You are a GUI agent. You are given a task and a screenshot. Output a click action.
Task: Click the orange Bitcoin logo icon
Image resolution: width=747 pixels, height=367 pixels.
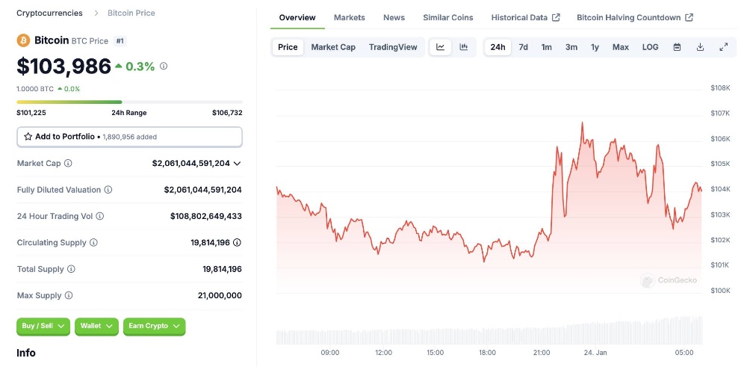pyautogui.click(x=24, y=40)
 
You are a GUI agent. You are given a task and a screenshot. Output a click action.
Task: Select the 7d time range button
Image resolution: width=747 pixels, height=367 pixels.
pyautogui.click(x=524, y=47)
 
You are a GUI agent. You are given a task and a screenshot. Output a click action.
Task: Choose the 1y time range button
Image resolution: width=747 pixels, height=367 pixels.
pyautogui.click(x=595, y=47)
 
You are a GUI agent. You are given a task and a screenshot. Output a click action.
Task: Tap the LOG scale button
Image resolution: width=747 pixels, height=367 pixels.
pyautogui.click(x=650, y=47)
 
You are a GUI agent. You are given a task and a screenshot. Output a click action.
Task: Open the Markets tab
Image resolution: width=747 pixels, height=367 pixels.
pyautogui.click(x=350, y=17)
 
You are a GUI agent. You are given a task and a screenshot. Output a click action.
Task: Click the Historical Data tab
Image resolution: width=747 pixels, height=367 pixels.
pyautogui.click(x=525, y=17)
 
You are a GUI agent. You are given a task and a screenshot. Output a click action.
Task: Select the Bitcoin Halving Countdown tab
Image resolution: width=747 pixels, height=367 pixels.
pyautogui.click(x=635, y=17)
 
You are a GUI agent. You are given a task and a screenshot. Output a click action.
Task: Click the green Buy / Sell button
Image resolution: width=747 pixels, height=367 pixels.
pyautogui.click(x=43, y=326)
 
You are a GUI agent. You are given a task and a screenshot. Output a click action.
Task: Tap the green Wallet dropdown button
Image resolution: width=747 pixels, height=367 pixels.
pyautogui.click(x=96, y=326)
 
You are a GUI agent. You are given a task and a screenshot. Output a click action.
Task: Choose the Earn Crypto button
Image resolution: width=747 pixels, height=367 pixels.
pyautogui.click(x=154, y=326)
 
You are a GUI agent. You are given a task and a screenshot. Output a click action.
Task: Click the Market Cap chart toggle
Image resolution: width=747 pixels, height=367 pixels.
pyautogui.click(x=333, y=47)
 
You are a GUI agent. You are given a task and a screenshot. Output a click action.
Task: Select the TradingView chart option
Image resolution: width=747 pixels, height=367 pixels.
pyautogui.click(x=393, y=47)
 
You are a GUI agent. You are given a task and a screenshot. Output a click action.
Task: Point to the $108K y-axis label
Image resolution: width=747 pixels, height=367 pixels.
pyautogui.click(x=720, y=88)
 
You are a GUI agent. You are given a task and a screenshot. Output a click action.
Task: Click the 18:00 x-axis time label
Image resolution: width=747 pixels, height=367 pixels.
pyautogui.click(x=487, y=353)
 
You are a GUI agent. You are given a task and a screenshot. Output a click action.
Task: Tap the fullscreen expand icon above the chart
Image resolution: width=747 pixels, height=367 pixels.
pyautogui.click(x=723, y=47)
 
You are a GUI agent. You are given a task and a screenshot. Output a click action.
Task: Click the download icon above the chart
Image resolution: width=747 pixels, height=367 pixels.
pyautogui.click(x=700, y=47)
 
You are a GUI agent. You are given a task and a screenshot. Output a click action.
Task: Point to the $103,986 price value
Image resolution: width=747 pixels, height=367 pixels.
pyautogui.click(x=64, y=67)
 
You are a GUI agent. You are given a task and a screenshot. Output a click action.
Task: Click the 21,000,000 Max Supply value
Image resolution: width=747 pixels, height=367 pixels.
pyautogui.click(x=220, y=295)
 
